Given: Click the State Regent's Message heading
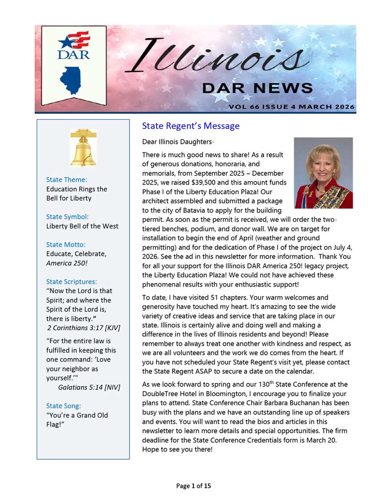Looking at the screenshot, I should coord(191,126).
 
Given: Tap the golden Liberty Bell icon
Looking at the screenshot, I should coord(83,148).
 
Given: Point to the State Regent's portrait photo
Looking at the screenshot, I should coord(323,173).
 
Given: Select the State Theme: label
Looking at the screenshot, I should coord(67,180).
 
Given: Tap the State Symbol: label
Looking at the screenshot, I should coord(67,217).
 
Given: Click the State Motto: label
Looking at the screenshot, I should coord(66,244).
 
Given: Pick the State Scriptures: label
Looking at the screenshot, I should coord(72,282).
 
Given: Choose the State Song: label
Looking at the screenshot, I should coord(63,406).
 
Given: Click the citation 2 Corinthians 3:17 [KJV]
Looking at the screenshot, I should coord(84,328).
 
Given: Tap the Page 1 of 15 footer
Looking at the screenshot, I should coord(193,486).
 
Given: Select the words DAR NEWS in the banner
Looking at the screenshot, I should coord(257,88).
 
